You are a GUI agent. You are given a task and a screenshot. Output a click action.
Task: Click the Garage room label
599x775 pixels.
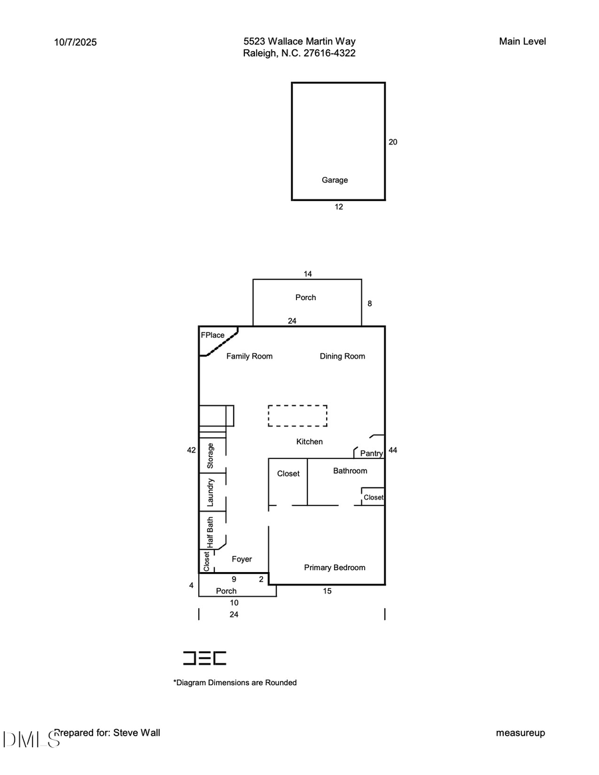pyautogui.click(x=335, y=180)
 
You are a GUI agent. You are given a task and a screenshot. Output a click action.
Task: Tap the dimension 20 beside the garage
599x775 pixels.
pyautogui.click(x=393, y=142)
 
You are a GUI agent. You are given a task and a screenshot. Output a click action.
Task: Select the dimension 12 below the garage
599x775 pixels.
pyautogui.click(x=339, y=207)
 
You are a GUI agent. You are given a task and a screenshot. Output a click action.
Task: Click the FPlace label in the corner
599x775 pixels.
pyautogui.click(x=213, y=335)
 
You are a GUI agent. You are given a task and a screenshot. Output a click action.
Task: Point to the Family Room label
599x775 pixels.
pyautogui.click(x=249, y=357)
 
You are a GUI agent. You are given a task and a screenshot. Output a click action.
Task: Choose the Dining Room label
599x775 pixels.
pyautogui.click(x=342, y=357)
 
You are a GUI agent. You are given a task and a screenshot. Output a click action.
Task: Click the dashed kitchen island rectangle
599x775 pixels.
pyautogui.click(x=298, y=416)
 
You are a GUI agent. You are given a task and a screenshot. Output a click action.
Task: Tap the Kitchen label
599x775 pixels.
pyautogui.click(x=309, y=442)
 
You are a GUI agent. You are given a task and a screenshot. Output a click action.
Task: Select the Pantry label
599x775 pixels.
pyautogui.click(x=371, y=454)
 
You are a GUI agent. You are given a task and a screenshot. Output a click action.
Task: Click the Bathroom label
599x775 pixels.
pyautogui.click(x=350, y=471)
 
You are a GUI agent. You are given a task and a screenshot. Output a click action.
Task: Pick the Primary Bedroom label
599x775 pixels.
pyautogui.click(x=335, y=567)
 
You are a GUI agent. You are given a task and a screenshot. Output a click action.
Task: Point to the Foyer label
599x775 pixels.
pyautogui.click(x=242, y=559)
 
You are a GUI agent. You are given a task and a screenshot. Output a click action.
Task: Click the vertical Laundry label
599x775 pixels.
pyautogui.click(x=210, y=493)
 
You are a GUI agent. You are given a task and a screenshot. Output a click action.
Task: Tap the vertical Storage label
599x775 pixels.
pyautogui.click(x=210, y=456)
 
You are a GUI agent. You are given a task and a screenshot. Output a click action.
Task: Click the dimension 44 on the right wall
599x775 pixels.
pyautogui.click(x=393, y=450)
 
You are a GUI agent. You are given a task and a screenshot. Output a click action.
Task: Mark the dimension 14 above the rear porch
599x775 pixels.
pyautogui.click(x=307, y=273)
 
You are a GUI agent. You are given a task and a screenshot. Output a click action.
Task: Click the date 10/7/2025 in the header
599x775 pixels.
pyautogui.click(x=75, y=42)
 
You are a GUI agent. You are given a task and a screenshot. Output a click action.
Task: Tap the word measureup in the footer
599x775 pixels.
pyautogui.click(x=520, y=733)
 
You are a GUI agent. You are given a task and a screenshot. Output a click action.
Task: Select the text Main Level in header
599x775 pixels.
pyautogui.click(x=522, y=41)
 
